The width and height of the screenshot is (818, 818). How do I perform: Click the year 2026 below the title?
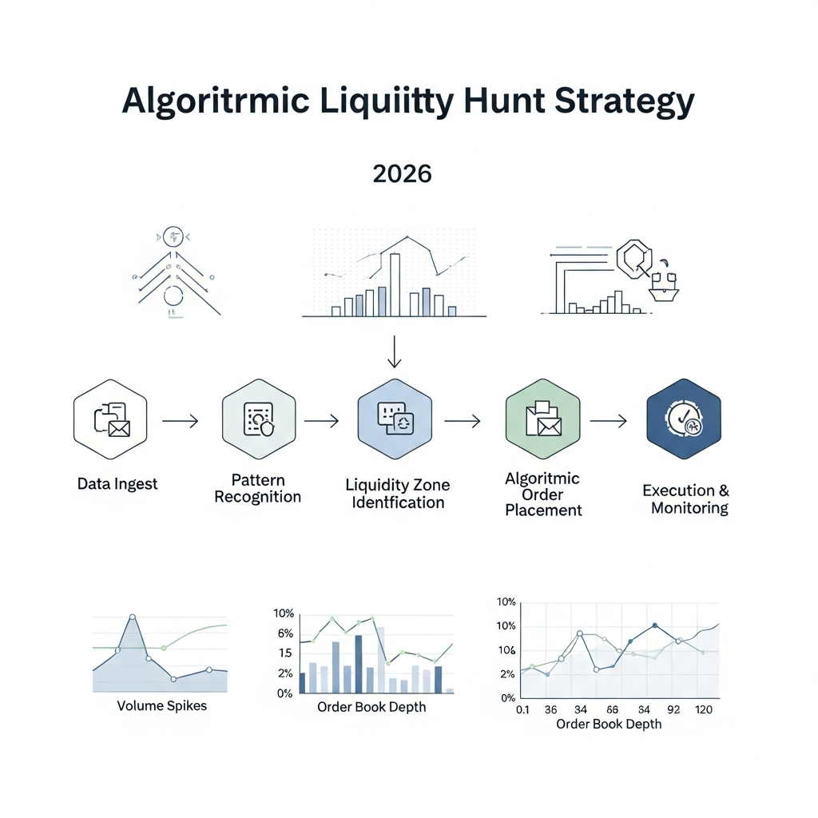point(402,174)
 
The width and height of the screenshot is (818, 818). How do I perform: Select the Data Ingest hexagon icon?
point(110,419)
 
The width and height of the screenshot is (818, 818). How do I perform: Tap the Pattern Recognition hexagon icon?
point(258,419)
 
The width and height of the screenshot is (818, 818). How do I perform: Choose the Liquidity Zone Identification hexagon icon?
point(395,419)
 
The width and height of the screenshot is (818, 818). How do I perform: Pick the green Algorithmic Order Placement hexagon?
point(543,419)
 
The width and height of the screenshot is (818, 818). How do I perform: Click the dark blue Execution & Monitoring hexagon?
point(684,419)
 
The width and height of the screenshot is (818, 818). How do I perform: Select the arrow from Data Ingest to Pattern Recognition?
point(180,420)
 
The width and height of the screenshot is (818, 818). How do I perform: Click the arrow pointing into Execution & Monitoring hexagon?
point(608,420)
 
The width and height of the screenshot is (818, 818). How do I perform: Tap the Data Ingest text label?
point(117,483)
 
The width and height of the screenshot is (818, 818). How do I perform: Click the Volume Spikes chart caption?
point(161,706)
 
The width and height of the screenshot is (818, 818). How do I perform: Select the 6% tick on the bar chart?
point(285,633)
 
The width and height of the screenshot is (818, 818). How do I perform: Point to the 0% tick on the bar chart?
point(284,693)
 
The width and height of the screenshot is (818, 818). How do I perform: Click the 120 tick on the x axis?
point(704,709)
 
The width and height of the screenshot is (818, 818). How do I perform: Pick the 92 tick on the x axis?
point(673,709)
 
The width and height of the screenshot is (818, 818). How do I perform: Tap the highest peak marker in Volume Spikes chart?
point(133,617)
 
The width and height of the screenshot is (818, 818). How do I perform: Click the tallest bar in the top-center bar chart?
point(395,285)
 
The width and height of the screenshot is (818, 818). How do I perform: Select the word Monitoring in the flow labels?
point(689,508)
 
